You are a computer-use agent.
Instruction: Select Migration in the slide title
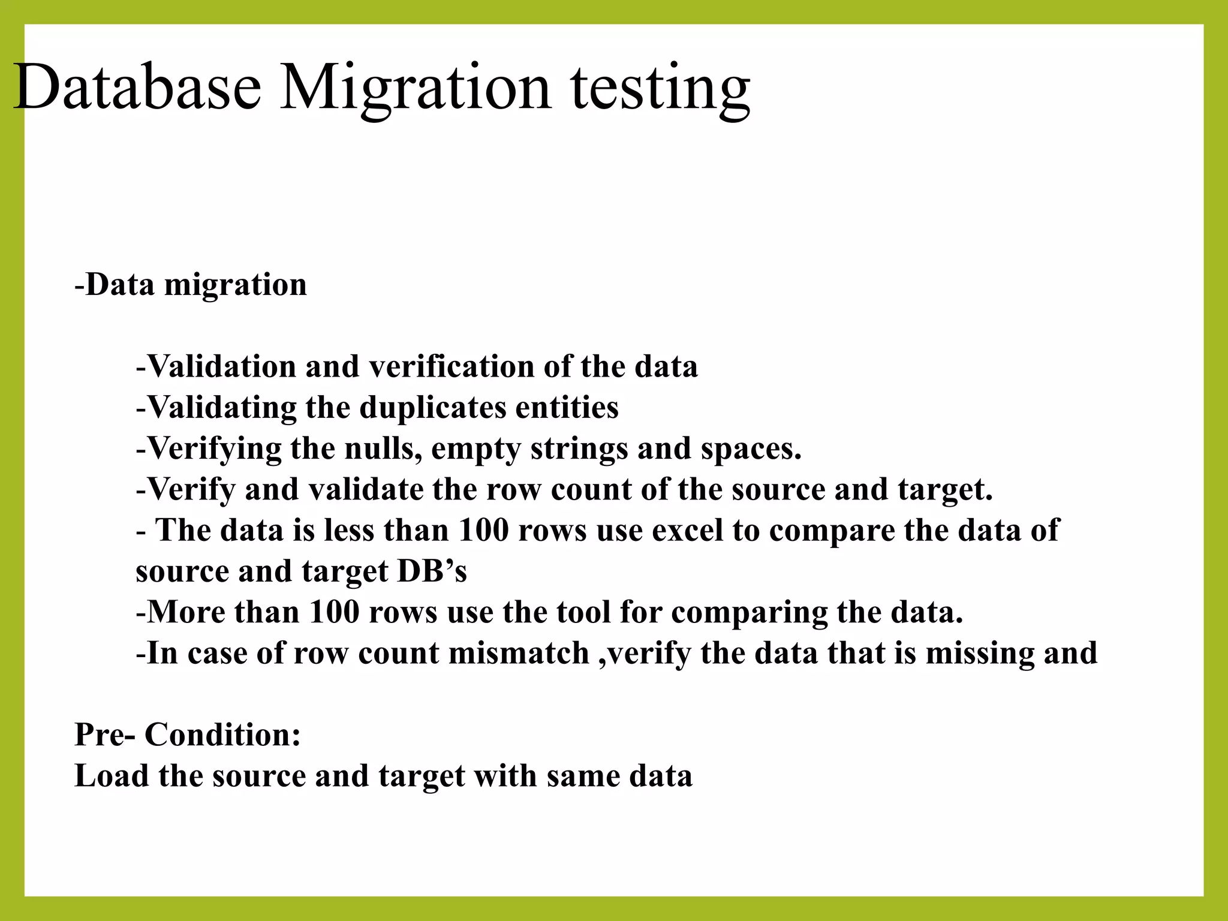coord(415,90)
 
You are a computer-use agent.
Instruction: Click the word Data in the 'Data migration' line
coord(120,284)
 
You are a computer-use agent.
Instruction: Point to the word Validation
coord(221,366)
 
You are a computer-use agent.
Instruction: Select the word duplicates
coord(432,408)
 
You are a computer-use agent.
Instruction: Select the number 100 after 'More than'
coord(334,612)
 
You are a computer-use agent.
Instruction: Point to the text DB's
coord(432,571)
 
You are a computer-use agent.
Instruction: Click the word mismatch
coord(519,653)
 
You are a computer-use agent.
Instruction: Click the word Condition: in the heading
coord(222,735)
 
